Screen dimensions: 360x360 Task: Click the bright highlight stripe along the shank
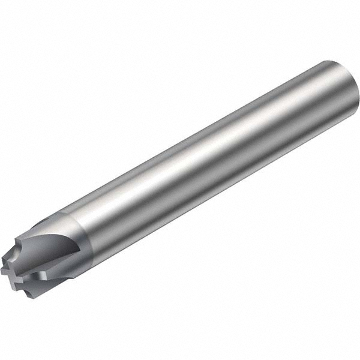point(198,150)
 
